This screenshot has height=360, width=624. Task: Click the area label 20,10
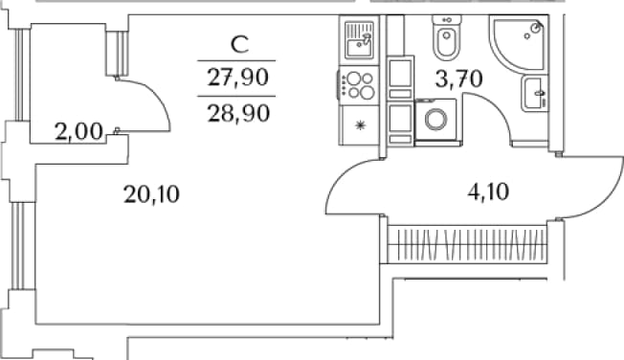[x=151, y=194]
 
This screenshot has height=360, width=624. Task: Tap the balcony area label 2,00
[x=78, y=132]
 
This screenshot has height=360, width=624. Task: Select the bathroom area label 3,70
[x=458, y=79]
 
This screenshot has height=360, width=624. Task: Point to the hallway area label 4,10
[x=488, y=192]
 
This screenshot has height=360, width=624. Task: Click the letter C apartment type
[x=239, y=44]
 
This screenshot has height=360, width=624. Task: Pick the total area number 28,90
[x=238, y=113]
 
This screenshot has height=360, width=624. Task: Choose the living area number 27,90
[x=238, y=78]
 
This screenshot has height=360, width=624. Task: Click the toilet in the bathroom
[x=447, y=38]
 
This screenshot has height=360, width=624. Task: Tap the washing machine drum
[x=435, y=119]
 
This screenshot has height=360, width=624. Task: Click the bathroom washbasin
[x=533, y=94]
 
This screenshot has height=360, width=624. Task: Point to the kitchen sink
[x=359, y=40]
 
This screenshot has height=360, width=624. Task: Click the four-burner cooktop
[x=359, y=85]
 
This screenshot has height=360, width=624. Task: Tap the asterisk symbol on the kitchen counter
[x=360, y=125]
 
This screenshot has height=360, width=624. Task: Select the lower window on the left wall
[x=18, y=245]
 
